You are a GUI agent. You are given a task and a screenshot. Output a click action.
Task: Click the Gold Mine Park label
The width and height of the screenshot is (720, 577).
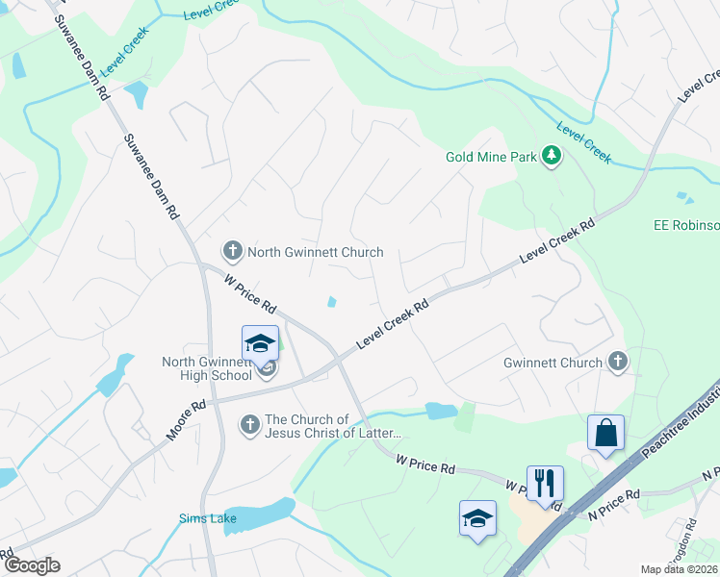tap(490, 156)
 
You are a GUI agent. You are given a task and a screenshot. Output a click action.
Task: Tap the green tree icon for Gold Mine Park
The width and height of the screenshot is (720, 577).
tap(552, 156)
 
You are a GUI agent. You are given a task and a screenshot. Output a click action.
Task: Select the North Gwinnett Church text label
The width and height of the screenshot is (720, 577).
tap(316, 253)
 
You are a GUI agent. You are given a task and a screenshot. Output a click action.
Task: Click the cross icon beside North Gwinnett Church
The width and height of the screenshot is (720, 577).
tap(232, 252)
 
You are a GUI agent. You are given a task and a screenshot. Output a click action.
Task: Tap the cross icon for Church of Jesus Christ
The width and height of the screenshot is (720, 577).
tap(249, 425)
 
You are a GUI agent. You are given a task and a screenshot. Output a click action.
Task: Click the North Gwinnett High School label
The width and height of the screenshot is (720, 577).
tap(207, 368)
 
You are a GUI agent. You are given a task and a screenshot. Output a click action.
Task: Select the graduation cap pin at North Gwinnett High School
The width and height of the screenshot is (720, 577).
tap(260, 343)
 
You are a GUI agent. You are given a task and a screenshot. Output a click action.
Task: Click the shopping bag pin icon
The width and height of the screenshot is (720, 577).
tap(606, 433)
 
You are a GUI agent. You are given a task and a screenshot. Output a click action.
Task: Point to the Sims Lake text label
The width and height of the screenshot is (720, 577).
tap(207, 519)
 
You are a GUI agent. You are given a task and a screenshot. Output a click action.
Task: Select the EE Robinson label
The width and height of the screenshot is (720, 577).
tap(686, 225)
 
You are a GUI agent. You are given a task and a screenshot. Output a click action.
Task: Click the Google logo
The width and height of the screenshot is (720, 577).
tap(32, 565)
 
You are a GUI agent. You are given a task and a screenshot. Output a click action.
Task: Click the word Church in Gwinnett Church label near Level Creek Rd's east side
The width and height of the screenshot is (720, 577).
tap(580, 363)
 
